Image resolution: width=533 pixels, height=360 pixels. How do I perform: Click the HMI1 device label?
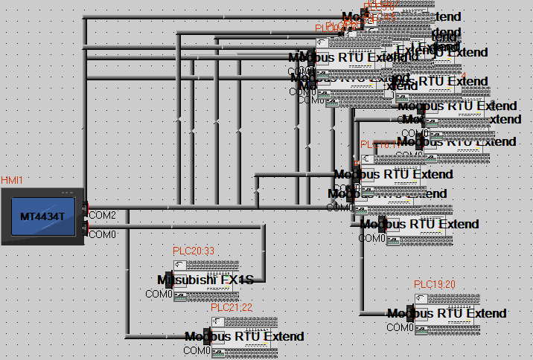(12, 181)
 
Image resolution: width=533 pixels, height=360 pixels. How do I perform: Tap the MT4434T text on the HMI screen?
(42, 216)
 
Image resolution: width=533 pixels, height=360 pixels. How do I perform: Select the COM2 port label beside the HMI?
(103, 215)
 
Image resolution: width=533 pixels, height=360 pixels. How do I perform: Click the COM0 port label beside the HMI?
(103, 234)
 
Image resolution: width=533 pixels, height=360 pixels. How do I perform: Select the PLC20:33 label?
(193, 251)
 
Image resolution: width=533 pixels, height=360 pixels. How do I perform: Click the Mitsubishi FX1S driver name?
(205, 280)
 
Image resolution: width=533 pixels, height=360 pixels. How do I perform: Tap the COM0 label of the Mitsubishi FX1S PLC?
(159, 294)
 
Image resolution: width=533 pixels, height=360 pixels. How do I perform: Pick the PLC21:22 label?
(232, 307)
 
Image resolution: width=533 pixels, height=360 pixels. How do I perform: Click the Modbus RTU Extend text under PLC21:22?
(244, 336)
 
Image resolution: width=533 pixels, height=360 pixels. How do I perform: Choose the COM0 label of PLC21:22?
(197, 350)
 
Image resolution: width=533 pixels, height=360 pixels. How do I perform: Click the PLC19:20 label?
(435, 284)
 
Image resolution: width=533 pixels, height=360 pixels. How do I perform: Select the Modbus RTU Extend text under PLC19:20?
(447, 313)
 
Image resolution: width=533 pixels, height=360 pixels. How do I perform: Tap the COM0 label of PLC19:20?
(399, 327)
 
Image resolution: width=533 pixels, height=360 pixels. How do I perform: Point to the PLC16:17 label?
(380, 145)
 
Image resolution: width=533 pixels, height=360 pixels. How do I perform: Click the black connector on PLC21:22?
(209, 336)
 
